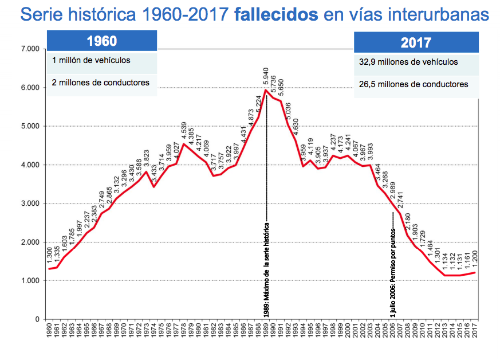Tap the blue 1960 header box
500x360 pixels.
[x=101, y=42]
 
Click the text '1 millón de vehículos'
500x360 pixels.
[x=91, y=60]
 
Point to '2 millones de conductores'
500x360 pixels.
[x=100, y=83]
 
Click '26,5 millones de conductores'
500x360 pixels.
[x=412, y=84]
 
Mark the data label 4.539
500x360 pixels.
[x=184, y=130]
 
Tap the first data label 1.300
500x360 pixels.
[x=50, y=257]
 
